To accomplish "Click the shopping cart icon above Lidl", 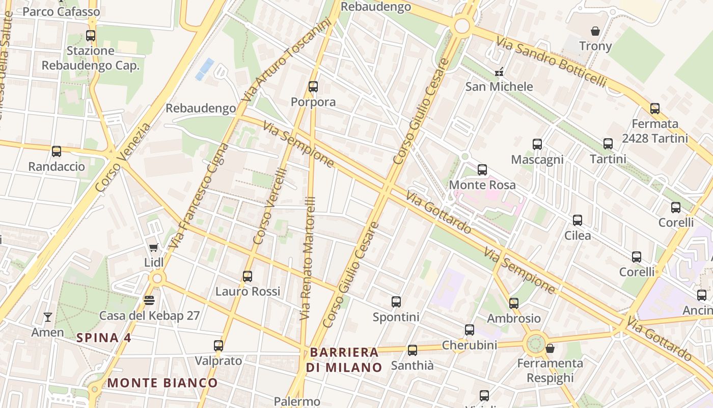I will [x=153, y=247].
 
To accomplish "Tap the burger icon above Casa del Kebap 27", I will [x=149, y=300].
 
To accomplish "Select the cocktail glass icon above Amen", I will [x=48, y=317].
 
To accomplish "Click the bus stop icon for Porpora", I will [x=313, y=87].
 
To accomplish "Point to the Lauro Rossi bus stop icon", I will [x=248, y=276].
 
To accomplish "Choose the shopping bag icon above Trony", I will [x=595, y=31].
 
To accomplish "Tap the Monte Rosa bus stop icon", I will [x=482, y=170].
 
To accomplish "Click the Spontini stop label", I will [x=396, y=317].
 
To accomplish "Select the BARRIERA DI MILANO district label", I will [x=344, y=360].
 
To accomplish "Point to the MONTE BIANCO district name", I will [x=162, y=382].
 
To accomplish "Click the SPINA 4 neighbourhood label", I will [x=104, y=338].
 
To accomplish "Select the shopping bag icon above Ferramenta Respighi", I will [x=550, y=348].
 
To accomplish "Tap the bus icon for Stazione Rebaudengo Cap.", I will [x=91, y=36].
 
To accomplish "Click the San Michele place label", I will [x=499, y=87].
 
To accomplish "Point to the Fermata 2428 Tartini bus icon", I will [x=655, y=109].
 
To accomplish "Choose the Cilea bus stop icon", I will [x=578, y=220].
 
